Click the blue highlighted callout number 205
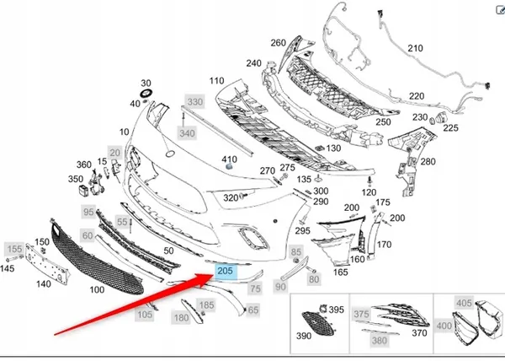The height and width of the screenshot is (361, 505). point(225,272)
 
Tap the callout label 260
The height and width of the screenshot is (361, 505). point(278,42)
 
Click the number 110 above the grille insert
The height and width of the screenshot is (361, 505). point(216,81)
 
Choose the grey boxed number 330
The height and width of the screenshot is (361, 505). point(195,101)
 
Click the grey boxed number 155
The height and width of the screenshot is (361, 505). point(15,249)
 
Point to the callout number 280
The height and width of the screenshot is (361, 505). point(428,162)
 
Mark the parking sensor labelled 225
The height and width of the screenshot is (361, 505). point(437,120)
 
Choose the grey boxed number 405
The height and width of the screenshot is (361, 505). point(464,302)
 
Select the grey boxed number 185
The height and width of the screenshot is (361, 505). point(205,304)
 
